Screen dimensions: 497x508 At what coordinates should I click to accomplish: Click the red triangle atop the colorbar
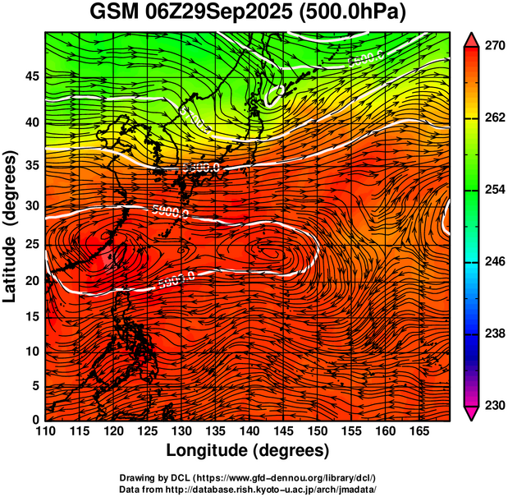[473, 39]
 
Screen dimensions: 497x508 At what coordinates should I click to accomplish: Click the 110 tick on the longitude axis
[45, 430]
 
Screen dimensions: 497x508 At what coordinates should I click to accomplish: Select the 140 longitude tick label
[249, 430]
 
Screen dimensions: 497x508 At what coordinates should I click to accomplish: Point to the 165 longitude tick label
[418, 430]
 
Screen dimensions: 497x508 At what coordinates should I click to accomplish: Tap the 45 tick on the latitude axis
[31, 76]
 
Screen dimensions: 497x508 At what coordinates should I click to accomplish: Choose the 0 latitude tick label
[34, 420]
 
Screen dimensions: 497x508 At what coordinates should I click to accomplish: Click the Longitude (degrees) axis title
[248, 451]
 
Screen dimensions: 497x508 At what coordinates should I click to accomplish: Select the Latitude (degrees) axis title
[12, 226]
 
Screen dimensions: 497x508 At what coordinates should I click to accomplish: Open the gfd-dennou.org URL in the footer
[293, 477]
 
